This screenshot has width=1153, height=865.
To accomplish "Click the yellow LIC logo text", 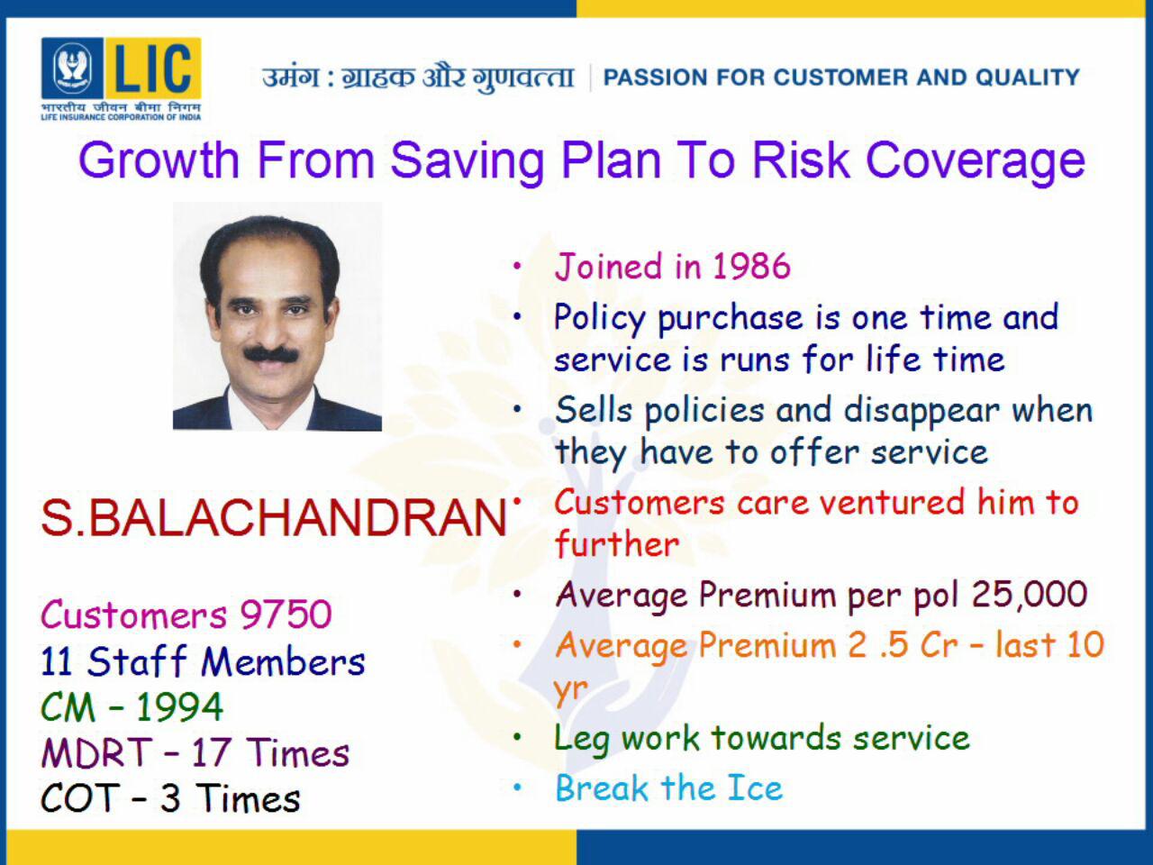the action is (x=153, y=68).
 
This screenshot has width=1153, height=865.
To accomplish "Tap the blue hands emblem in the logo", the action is (x=72, y=68).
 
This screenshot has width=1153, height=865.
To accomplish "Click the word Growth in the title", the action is (x=159, y=161).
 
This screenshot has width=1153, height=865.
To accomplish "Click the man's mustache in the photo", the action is (x=271, y=354).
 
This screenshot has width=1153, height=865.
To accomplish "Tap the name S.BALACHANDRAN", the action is (x=274, y=518).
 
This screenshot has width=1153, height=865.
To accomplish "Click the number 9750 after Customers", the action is (x=286, y=614).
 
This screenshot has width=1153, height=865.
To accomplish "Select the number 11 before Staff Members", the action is (x=57, y=660).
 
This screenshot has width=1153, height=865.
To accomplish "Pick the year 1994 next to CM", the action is (x=179, y=707).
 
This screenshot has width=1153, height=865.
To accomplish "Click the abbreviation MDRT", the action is (x=96, y=753).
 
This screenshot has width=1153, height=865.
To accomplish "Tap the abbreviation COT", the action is (x=80, y=799).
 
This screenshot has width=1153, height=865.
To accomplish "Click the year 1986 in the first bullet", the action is (x=751, y=267).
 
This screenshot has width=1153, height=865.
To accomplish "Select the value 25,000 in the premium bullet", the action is (x=1030, y=595).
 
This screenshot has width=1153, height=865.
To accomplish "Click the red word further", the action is (x=617, y=543).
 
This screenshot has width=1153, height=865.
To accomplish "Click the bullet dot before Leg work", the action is (x=517, y=737).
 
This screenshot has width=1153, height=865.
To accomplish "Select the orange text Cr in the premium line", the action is (x=939, y=645).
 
